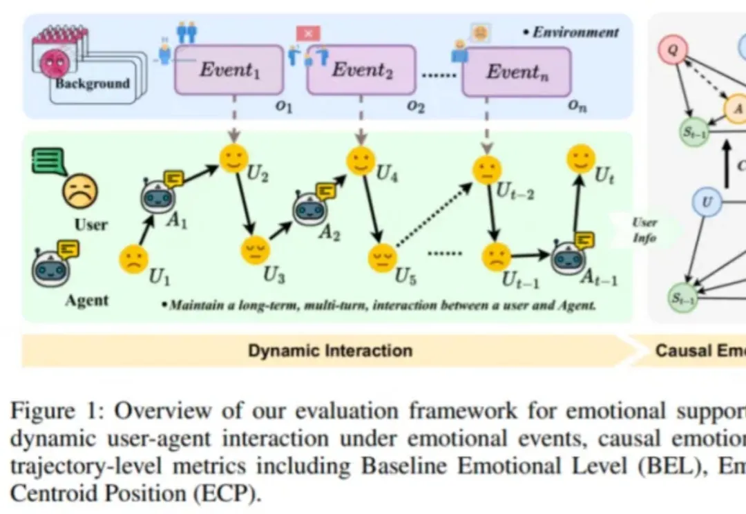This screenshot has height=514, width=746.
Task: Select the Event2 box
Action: coord(358,70)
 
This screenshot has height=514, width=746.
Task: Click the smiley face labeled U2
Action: coord(234,160)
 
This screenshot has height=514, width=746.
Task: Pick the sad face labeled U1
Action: coord(133,259)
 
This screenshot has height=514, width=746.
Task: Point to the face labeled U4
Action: coord(360,161)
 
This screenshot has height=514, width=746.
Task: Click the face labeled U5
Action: coord(380,258)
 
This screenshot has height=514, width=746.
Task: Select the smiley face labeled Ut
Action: coord(581,160)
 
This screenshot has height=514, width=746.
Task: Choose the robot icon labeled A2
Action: coord(308,209)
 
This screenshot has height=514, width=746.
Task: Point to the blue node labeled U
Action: coord(707,203)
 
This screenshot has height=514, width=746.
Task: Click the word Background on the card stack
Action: coord(93,84)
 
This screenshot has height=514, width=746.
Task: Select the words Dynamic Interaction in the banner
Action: coord(330,350)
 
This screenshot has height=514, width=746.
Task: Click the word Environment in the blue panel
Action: coord(575,32)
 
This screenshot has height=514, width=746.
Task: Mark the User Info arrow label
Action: coord(644,231)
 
